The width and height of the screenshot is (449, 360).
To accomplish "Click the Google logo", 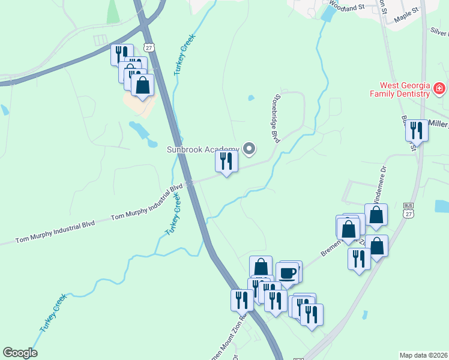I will [x=20, y=353].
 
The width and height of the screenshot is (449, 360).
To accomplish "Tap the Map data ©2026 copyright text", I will [x=424, y=355].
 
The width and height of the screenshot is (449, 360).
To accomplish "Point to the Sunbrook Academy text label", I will [x=203, y=149].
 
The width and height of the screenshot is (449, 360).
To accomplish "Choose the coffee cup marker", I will [x=288, y=273].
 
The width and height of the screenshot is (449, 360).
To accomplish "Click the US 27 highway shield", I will [x=149, y=47].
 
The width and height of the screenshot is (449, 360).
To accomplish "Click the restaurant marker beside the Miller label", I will [x=416, y=130].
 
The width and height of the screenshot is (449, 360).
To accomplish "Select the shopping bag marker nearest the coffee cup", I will [x=261, y=267].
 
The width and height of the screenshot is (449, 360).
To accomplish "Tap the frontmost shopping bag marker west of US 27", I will [x=142, y=85].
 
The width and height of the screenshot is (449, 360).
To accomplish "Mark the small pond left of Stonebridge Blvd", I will [x=251, y=98].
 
